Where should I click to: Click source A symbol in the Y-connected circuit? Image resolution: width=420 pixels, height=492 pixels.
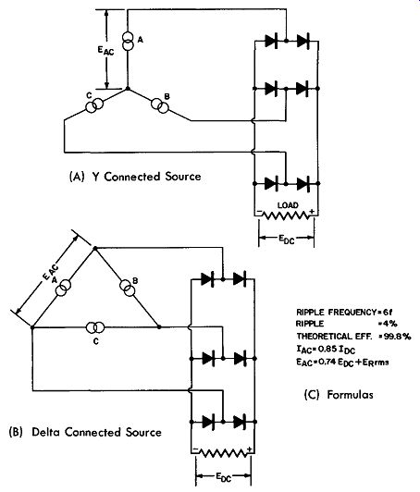128,41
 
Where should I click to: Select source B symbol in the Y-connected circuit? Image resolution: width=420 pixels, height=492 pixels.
160,106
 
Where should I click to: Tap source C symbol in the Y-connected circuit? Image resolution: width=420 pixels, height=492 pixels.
94,105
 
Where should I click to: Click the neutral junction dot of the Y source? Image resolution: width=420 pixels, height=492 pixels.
128,89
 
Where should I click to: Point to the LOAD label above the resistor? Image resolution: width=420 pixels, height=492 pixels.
288,205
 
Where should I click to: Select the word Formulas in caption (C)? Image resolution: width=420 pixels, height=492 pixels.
350,394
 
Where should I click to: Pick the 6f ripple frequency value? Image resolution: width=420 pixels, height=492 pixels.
388,313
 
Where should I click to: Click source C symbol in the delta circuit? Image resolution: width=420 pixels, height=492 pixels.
95,327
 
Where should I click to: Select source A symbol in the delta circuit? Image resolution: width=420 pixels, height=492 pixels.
63,288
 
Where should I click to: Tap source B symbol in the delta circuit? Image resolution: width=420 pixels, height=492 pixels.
127,288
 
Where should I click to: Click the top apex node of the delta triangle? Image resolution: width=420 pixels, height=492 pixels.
95,249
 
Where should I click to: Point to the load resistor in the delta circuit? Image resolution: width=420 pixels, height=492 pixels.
223,453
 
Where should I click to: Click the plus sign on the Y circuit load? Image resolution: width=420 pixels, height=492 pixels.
312,212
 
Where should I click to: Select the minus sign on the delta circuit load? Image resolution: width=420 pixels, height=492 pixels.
195,449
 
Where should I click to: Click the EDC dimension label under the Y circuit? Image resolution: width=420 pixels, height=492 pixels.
287,240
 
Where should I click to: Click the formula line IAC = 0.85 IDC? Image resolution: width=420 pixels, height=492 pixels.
326,350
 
